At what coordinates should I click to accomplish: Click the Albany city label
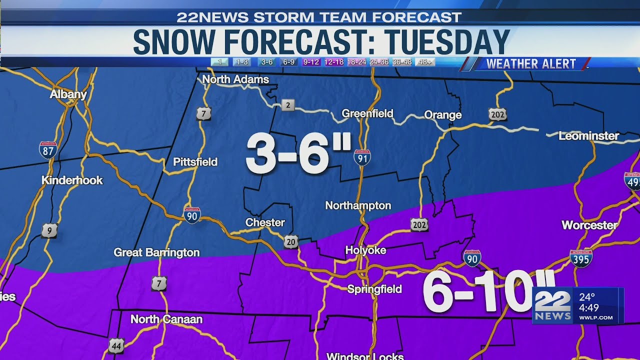pos(68,94)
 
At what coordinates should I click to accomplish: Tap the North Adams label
pos(235,79)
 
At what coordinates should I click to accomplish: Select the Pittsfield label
pos(195,162)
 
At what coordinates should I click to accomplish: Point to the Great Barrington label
pos(156,252)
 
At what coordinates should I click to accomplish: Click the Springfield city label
pos(374,289)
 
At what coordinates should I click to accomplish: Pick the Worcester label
pos(589,225)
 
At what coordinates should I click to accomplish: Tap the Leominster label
pos(588,136)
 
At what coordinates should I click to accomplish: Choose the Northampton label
pos(358,205)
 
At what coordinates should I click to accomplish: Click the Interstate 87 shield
pos(48,150)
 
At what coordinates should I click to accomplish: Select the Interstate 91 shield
pos(362,157)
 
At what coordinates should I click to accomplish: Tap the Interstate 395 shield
pos(581,258)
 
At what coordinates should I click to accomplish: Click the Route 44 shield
pos(116,345)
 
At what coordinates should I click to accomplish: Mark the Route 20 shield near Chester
pos(291,242)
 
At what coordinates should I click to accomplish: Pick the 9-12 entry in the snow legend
pos(311,62)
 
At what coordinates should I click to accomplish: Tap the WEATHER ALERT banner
pos(531,64)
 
